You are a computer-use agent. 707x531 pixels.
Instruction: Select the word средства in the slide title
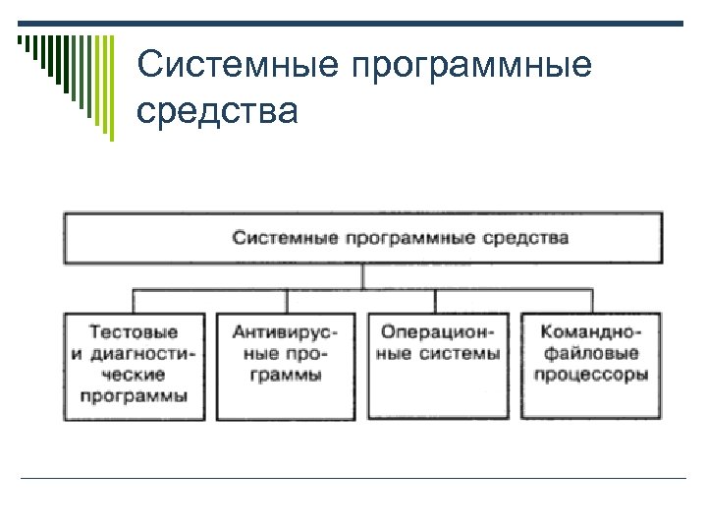pos(217,111)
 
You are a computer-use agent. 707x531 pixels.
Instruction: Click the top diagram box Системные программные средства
pos(362,238)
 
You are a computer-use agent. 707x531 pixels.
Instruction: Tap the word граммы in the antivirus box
pos(285,375)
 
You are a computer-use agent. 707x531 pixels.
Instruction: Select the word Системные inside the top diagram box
pos(277,238)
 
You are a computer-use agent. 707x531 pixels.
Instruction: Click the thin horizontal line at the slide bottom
pos(353,478)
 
